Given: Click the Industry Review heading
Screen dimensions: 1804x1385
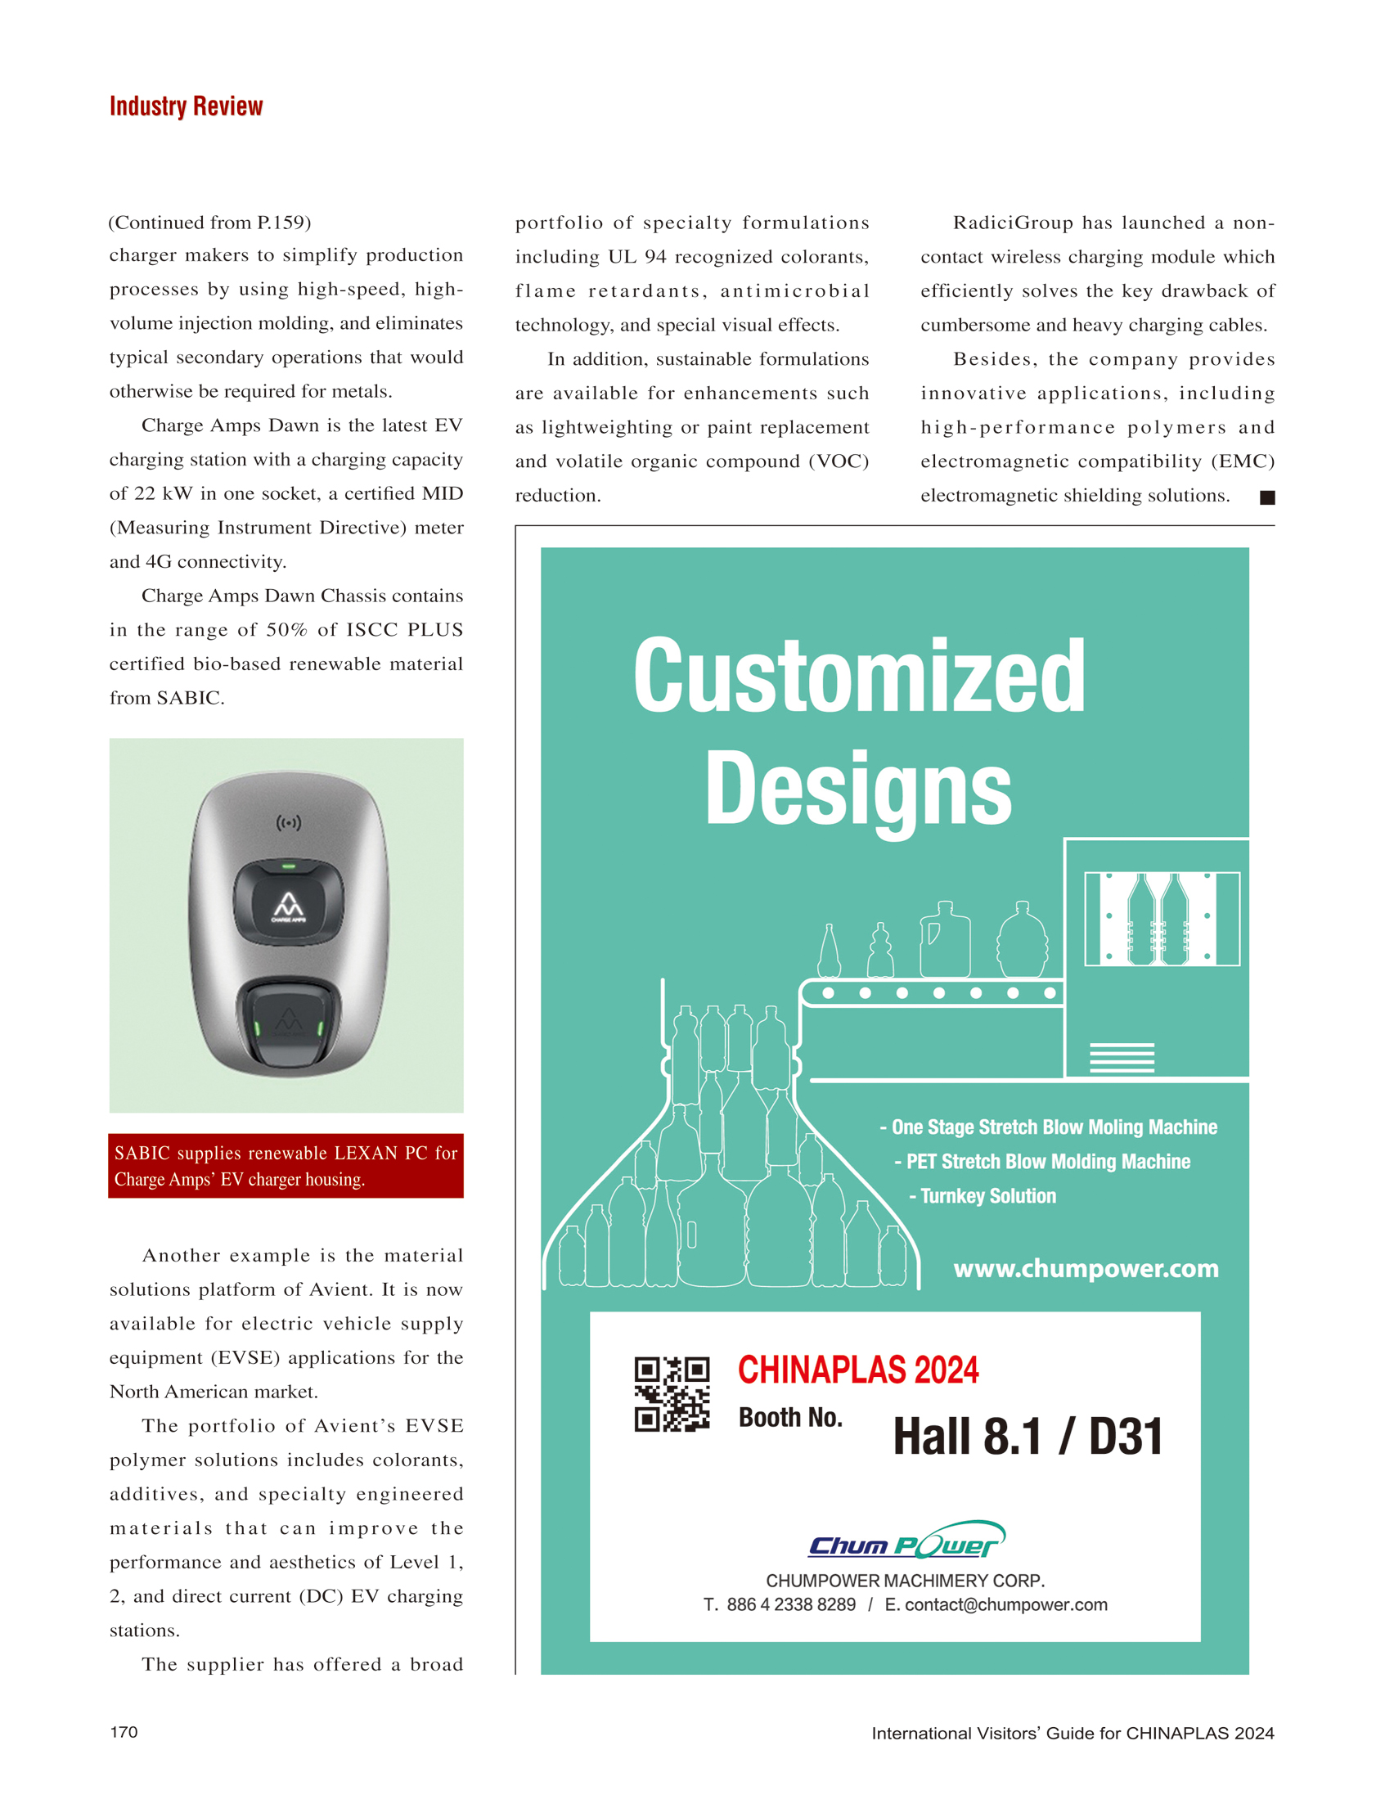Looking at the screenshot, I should (186, 106).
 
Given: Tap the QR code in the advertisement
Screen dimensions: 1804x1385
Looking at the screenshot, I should (671, 1393).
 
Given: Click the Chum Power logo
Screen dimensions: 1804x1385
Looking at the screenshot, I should (906, 1541).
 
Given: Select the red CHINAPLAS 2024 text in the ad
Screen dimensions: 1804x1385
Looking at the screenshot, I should (857, 1370).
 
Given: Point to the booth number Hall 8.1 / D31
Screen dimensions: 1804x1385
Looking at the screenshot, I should (1028, 1437).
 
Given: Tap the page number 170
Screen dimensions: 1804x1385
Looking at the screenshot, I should (124, 1731).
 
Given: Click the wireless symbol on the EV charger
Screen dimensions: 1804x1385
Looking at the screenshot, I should (289, 822).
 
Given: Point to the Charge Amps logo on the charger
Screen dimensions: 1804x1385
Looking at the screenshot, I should (289, 907).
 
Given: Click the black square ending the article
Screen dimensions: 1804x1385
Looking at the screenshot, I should (1267, 497).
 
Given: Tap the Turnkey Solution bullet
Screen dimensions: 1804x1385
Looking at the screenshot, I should (982, 1195).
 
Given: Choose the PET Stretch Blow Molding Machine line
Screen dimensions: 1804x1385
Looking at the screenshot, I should (1042, 1161).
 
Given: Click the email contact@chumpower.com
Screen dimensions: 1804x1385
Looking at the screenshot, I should (1005, 1604).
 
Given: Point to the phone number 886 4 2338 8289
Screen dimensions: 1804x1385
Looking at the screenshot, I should (790, 1604).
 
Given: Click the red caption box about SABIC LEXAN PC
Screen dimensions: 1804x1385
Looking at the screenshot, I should (286, 1165).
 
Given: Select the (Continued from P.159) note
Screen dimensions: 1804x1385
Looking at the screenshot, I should (210, 223).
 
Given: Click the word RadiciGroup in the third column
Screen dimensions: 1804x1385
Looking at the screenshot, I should (1013, 223).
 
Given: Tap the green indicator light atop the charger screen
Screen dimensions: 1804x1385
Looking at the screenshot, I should (289, 866).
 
